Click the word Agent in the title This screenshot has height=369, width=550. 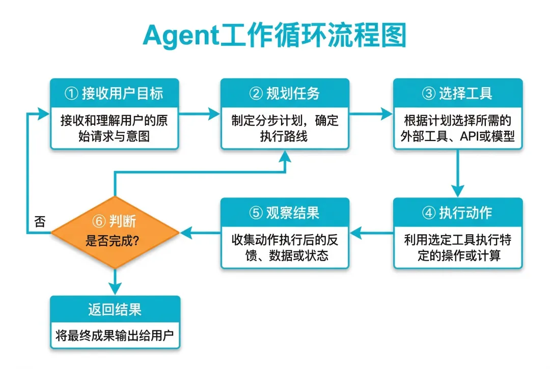(181, 36)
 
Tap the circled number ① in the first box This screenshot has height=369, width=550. (71, 93)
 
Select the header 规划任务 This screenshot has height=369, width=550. (293, 93)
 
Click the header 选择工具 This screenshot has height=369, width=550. (465, 93)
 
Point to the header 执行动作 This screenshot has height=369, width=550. (465, 213)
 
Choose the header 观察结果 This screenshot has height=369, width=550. (293, 213)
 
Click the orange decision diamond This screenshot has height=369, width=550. (115, 232)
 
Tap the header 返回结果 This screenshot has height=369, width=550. (115, 309)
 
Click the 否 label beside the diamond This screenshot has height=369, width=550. (40, 221)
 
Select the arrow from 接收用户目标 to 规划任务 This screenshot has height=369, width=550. (199, 114)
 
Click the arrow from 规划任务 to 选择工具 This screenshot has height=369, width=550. (371, 114)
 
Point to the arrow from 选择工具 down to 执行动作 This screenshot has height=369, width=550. (457, 174)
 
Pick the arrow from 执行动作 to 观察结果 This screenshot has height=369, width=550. (371, 233)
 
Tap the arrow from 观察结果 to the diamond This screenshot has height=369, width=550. (200, 233)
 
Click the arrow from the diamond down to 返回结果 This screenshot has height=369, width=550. (115, 282)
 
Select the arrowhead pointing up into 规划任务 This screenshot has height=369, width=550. (285, 156)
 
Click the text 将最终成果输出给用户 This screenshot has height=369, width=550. (115, 335)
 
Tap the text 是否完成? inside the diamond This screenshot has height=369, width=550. (112, 241)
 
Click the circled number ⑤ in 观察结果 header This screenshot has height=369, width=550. (256, 213)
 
